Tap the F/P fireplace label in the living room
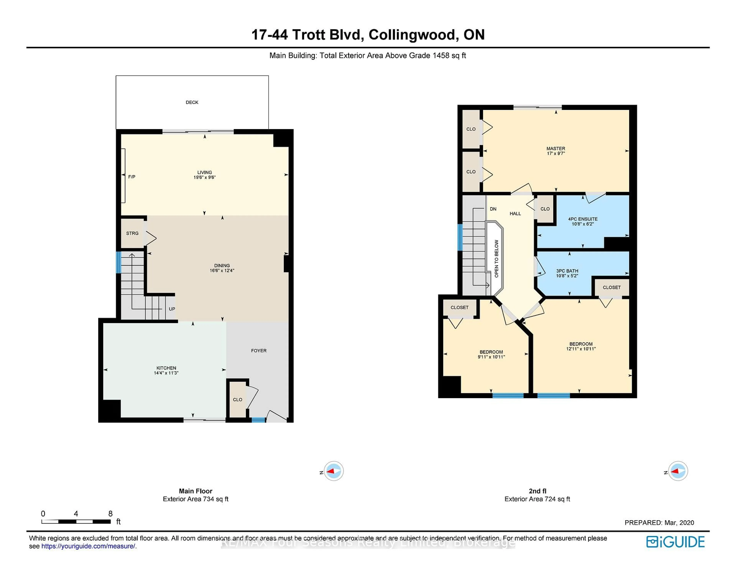point(132,177)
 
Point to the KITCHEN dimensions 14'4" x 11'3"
point(166,373)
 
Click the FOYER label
point(259,351)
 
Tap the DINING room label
point(222,265)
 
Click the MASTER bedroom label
point(556,148)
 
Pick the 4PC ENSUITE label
point(583,219)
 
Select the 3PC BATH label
point(567,271)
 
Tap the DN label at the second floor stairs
point(493,209)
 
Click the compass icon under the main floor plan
point(334,471)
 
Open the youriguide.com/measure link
point(88,546)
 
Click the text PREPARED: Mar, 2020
point(659,523)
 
